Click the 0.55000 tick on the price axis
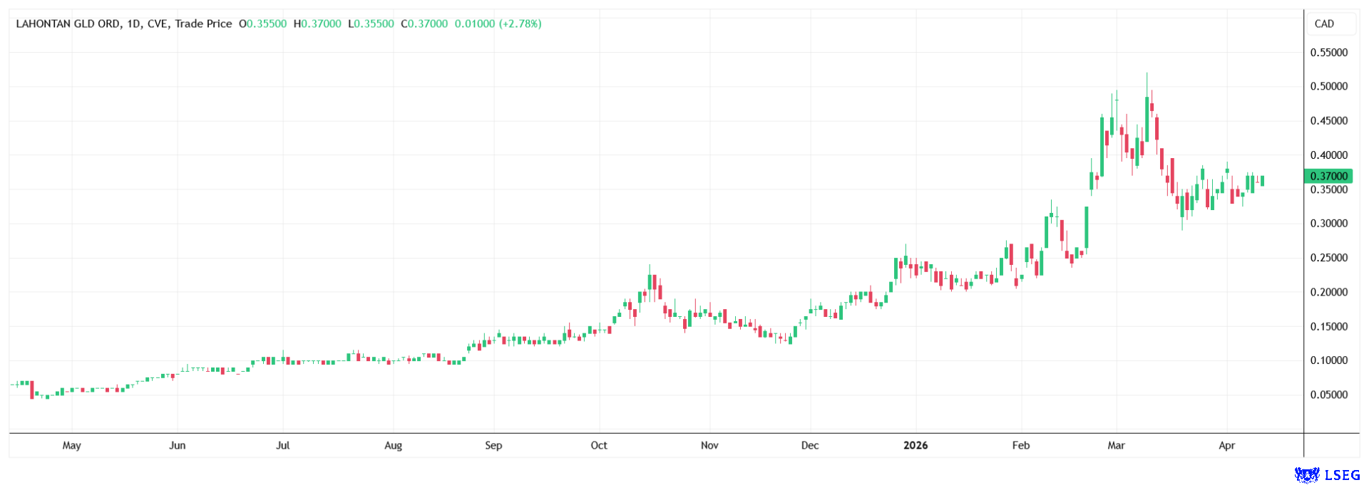click(x=1329, y=53)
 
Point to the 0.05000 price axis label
click(x=1329, y=395)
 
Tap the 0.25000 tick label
click(x=1329, y=258)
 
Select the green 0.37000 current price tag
click(x=1328, y=176)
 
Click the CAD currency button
click(x=1324, y=24)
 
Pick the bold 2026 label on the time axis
click(x=916, y=446)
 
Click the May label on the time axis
click(x=71, y=446)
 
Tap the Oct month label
click(x=599, y=446)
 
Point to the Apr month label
click(x=1226, y=446)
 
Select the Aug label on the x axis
click(x=393, y=446)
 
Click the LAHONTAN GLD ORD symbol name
click(x=68, y=24)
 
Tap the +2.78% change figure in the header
click(x=521, y=24)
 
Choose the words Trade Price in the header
click(x=203, y=24)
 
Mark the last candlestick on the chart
click(x=1262, y=181)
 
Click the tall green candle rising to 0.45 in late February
click(x=1102, y=146)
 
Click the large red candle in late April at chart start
click(x=32, y=390)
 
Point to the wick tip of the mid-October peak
click(x=650, y=265)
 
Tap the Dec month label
click(x=810, y=446)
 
